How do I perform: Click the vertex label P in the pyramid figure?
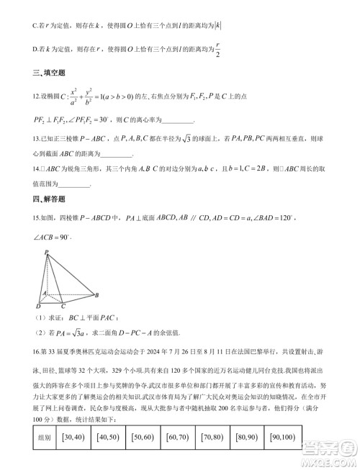click(46, 252)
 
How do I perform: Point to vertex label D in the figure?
click(38, 308)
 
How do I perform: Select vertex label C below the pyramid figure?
click(63, 308)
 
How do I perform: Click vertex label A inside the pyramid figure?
click(44, 293)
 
